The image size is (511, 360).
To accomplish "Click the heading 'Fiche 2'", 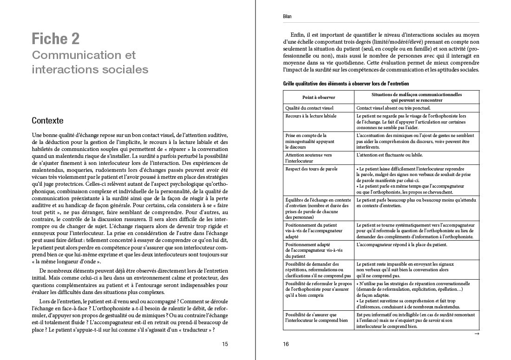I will tap(55, 39).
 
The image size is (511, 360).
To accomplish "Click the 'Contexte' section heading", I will tap(47, 121).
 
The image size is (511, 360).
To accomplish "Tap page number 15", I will tap(225, 344).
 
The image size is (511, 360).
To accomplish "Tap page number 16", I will tap(286, 344).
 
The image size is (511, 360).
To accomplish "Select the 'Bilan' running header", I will tap(287, 17).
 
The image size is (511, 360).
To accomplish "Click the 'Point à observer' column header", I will tap(319, 98).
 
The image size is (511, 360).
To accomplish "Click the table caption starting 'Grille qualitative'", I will tap(346, 84).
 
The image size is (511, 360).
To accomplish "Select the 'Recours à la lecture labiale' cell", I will tap(311, 116).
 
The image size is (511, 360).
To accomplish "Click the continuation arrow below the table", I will tap(476, 334).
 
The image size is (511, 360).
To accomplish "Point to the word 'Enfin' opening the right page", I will tap(298, 35).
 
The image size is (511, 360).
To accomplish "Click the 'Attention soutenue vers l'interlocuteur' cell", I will tap(308, 158).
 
